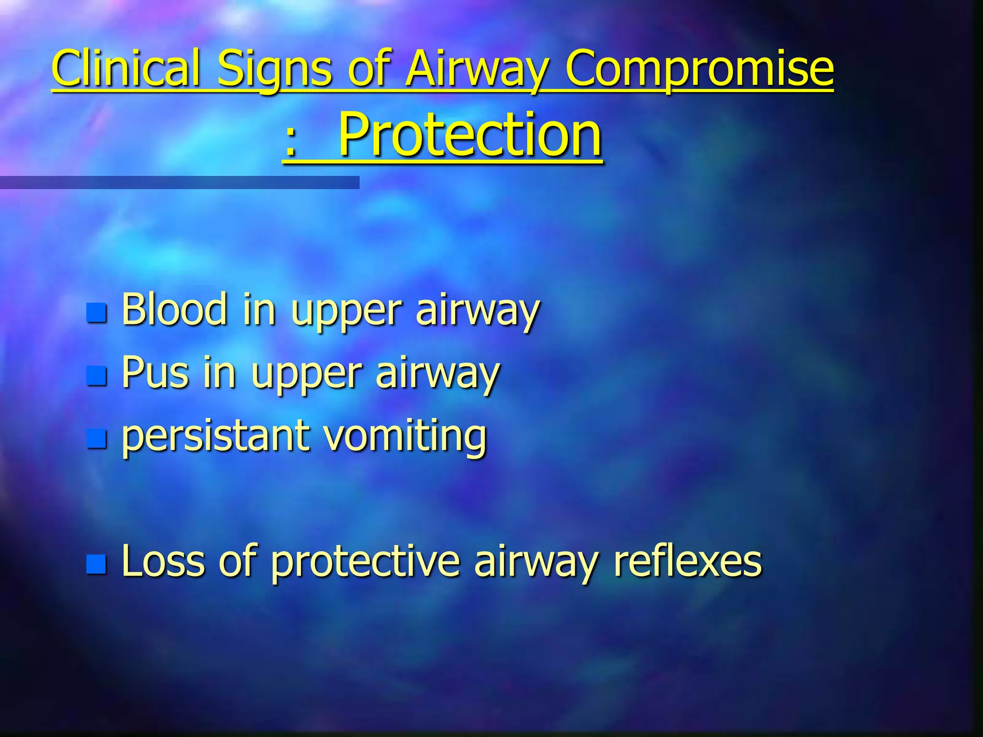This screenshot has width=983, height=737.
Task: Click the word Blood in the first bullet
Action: click(x=174, y=309)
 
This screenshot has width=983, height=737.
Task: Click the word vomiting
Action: click(x=405, y=436)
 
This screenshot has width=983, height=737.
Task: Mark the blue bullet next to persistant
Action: click(x=96, y=439)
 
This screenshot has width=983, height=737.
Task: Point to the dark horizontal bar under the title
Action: click(x=180, y=182)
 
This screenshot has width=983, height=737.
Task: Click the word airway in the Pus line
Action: click(x=437, y=374)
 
